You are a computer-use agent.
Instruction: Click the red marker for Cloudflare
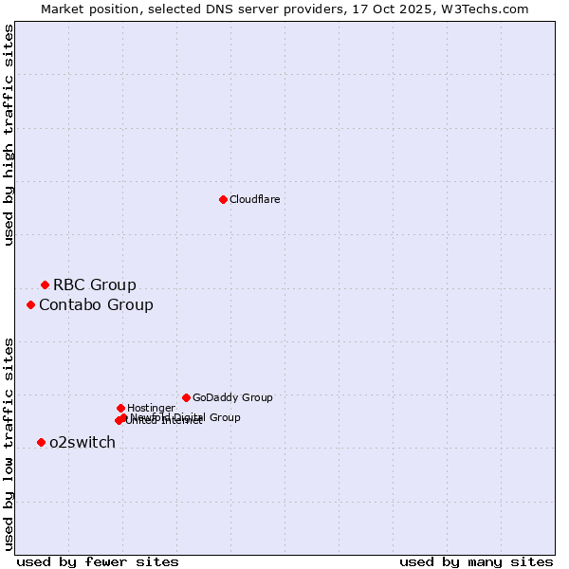(223, 199)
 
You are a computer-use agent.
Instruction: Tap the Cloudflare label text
(254, 199)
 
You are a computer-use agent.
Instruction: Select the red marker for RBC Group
(45, 284)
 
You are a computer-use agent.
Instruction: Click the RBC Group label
(94, 284)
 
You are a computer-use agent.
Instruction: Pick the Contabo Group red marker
(30, 304)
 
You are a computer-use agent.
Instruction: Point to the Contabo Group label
(96, 304)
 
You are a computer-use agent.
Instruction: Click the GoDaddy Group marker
(186, 397)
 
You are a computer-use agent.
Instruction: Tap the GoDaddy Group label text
(232, 397)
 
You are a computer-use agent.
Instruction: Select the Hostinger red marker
(120, 408)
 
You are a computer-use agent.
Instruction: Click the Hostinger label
(151, 408)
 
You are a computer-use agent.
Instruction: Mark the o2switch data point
(41, 442)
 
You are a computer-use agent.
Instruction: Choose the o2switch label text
(82, 442)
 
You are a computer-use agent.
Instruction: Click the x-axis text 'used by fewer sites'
(98, 561)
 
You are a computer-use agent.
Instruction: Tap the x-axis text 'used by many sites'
(476, 561)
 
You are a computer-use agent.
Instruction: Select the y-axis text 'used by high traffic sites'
(9, 135)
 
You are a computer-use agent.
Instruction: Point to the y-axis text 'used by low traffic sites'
(9, 443)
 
